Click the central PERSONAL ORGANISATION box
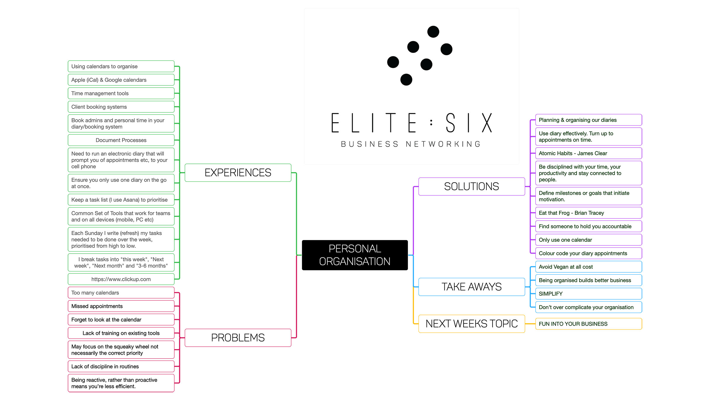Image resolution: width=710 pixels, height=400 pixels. click(x=355, y=255)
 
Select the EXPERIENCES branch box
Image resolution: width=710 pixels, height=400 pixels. click(x=238, y=172)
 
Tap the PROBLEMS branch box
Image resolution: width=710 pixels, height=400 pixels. click(x=238, y=337)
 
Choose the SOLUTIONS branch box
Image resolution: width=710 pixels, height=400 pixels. click(x=472, y=186)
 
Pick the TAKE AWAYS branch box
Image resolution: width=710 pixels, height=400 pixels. click(x=472, y=287)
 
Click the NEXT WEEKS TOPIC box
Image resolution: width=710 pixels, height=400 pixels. click(x=472, y=324)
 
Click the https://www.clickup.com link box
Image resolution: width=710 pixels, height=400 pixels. click(x=121, y=279)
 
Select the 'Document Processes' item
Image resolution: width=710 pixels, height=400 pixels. click(x=121, y=140)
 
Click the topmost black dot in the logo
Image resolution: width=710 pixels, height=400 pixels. click(x=433, y=32)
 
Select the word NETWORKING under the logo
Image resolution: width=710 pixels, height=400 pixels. click(x=443, y=144)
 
